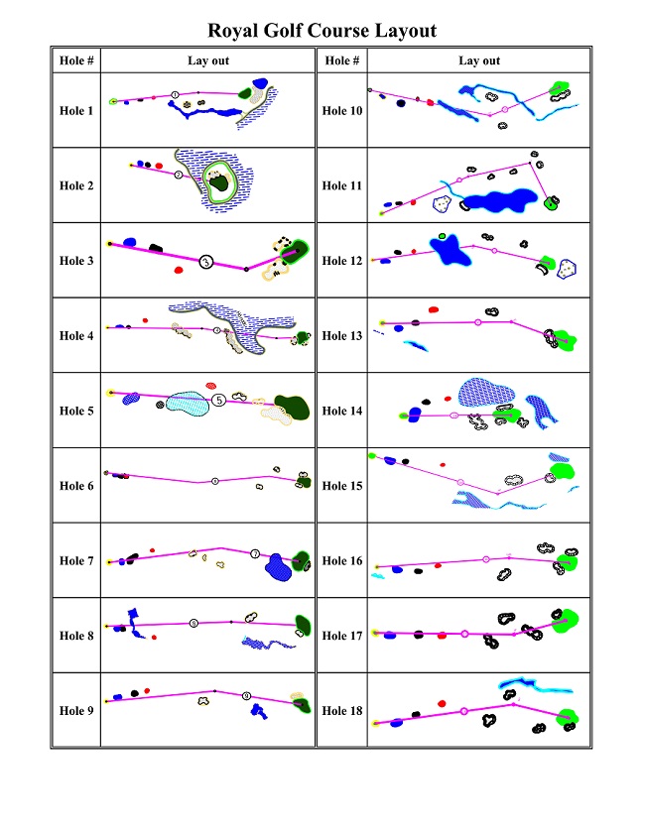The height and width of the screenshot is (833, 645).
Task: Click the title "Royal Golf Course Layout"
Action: click(x=322, y=31)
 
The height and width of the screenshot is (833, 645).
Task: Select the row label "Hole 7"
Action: click(x=76, y=561)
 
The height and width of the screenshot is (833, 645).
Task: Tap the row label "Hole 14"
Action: click(x=341, y=411)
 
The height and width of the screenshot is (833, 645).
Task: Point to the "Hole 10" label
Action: click(x=341, y=111)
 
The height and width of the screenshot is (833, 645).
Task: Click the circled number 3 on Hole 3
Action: click(x=205, y=262)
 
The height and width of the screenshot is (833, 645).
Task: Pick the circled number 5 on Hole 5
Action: click(x=217, y=401)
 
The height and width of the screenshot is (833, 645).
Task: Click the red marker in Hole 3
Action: click(x=179, y=269)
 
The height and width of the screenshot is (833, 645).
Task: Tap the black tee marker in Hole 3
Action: click(x=155, y=247)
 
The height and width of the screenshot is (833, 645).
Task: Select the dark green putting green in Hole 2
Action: click(x=218, y=180)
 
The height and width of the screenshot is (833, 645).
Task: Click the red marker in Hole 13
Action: click(x=442, y=322)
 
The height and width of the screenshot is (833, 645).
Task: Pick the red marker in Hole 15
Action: click(x=444, y=463)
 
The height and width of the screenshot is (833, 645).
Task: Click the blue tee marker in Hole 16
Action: click(x=398, y=570)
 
